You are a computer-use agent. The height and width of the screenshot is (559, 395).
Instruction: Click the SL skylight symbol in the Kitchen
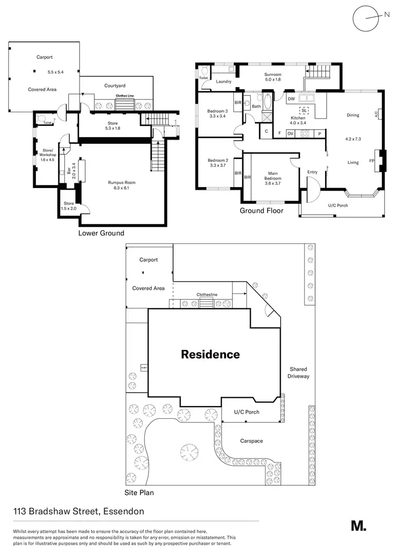(x=303, y=110)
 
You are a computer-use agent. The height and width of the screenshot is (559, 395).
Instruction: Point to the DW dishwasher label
(x=291, y=98)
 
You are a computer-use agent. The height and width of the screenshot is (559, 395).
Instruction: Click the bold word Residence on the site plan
(x=210, y=354)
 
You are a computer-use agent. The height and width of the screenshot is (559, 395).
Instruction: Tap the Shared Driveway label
(x=298, y=372)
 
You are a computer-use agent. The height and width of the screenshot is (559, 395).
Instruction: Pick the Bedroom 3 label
(x=218, y=114)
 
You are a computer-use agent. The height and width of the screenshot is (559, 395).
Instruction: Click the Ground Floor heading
(x=261, y=211)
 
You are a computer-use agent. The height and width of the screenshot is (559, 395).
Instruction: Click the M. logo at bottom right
(x=358, y=525)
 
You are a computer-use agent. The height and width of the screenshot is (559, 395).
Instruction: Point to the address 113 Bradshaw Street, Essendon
(x=79, y=511)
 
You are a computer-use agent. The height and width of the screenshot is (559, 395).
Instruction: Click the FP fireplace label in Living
(x=372, y=161)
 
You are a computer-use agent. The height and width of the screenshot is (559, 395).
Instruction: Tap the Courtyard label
(x=115, y=85)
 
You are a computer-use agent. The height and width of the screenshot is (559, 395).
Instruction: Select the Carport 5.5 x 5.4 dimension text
(x=55, y=72)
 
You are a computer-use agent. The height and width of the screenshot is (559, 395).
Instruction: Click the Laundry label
(x=224, y=82)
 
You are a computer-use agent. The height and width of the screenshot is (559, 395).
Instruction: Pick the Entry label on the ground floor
(x=312, y=172)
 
